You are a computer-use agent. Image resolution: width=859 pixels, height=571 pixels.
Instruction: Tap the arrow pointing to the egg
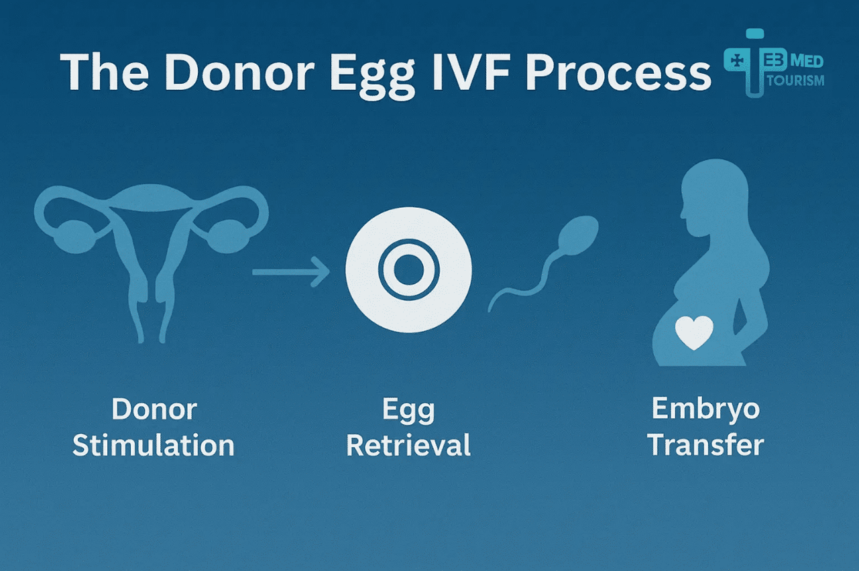pos(291,271)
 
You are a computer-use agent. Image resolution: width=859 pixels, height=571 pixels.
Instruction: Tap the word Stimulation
pos(154,446)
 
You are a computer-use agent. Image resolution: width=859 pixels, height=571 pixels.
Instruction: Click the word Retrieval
pos(408,446)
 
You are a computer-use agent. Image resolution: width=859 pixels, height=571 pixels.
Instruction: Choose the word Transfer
pos(706,446)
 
